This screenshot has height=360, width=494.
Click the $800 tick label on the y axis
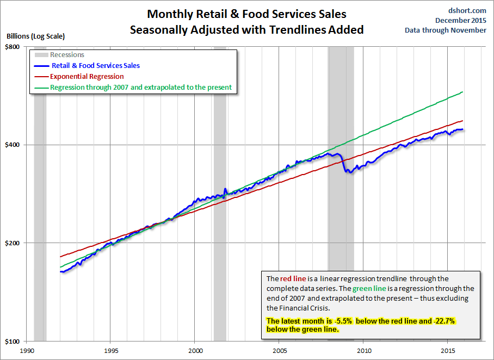click(13, 47)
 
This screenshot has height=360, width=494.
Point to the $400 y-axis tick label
click(13, 145)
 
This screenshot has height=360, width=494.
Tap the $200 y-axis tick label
click(13, 243)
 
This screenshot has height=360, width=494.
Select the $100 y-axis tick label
click(13, 341)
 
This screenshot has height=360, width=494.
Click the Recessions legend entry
click(67, 55)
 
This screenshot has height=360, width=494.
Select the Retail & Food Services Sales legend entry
click(95, 66)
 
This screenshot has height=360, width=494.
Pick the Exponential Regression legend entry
click(87, 77)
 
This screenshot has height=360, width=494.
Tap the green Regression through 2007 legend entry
click(140, 87)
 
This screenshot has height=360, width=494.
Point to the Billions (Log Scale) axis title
click(36, 36)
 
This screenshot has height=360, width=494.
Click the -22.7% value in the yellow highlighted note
click(442, 321)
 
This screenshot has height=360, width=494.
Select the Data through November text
click(446, 30)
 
